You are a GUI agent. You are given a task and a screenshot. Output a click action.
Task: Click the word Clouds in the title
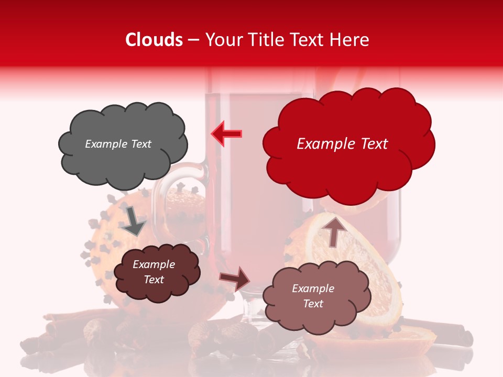pyautogui.click(x=154, y=40)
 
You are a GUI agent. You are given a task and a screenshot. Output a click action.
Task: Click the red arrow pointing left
pyautogui.click(x=226, y=134)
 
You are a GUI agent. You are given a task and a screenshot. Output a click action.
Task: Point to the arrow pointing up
pyautogui.click(x=336, y=231)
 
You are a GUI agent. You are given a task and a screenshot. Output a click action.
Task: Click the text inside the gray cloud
pyautogui.click(x=118, y=144)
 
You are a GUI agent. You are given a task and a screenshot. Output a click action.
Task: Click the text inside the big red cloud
pyautogui.click(x=342, y=144)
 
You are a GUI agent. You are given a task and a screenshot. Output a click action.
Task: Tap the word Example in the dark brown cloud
pyautogui.click(x=154, y=264)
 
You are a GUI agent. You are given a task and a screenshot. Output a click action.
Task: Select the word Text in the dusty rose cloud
pyautogui.click(x=313, y=304)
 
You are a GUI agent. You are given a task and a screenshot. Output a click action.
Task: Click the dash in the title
pyautogui.click(x=193, y=40)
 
